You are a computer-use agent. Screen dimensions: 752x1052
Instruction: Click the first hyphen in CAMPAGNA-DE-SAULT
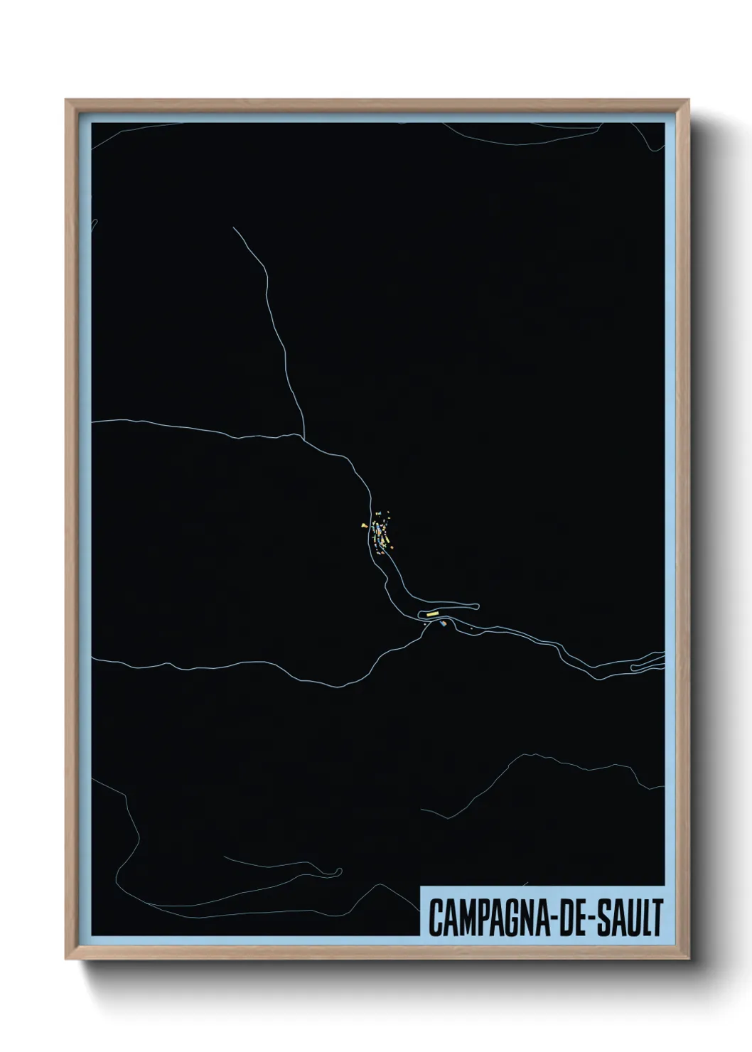[547, 918]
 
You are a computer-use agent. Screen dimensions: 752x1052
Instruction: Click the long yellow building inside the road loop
[433, 613]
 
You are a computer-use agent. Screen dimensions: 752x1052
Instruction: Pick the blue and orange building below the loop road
[444, 624]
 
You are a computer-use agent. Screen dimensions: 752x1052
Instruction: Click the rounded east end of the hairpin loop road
[478, 606]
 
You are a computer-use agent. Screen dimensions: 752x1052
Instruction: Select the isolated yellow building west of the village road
[363, 526]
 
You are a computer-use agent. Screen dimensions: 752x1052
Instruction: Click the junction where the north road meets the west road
[305, 437]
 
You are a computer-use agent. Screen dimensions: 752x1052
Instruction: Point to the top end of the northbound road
[234, 228]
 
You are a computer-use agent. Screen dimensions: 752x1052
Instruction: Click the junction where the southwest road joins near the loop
[424, 626]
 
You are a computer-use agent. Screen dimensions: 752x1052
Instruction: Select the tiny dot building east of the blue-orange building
[471, 628]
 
